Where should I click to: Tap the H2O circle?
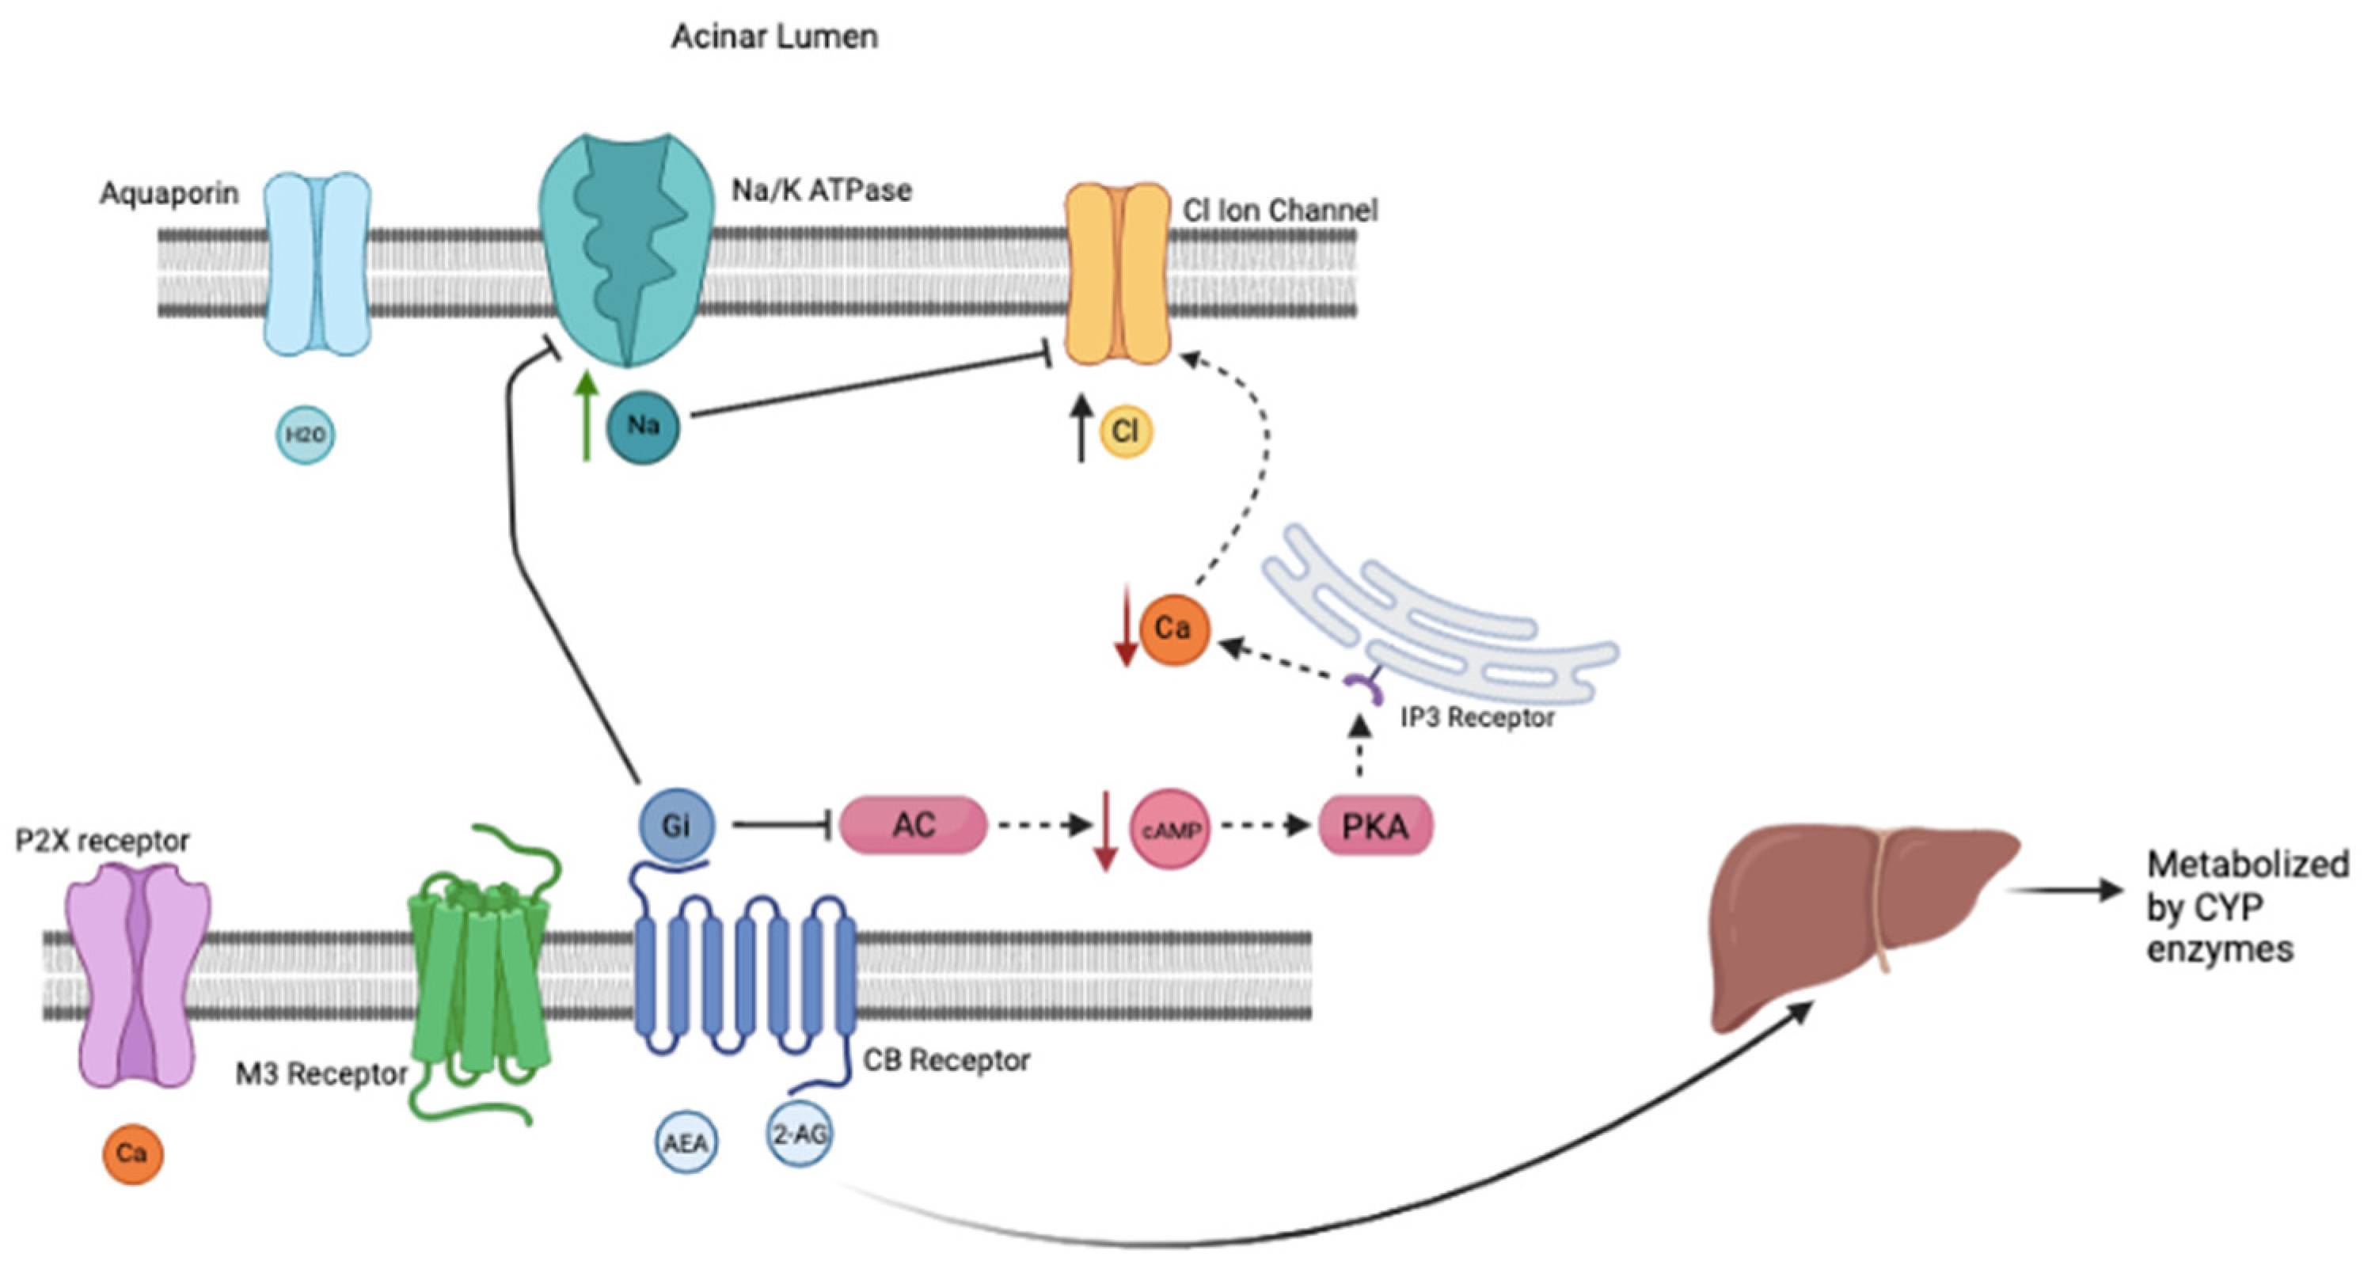coord(306,434)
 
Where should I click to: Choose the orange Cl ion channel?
coord(1117,273)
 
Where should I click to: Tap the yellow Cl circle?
coord(1125,431)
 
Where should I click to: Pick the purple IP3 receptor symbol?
coord(1366,684)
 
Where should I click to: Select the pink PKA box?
coord(1374,826)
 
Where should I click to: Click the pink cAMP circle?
coord(1170,829)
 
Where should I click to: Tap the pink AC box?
coord(913,824)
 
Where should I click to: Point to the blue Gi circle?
coord(676,825)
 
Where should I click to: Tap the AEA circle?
coord(686,1142)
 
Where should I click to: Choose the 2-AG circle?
coord(800,1135)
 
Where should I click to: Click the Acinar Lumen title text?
coord(773,36)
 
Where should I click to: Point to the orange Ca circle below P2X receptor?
coord(132,1153)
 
